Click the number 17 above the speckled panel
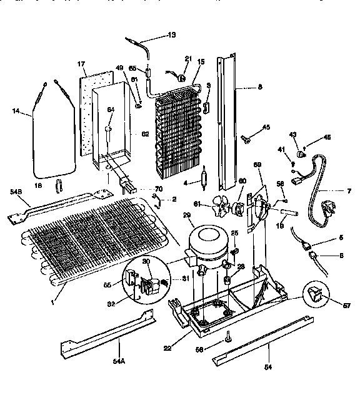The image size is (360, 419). pyautogui.click(x=81, y=64)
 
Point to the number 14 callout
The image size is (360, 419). pyautogui.click(x=16, y=111)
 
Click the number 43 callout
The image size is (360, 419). pyautogui.click(x=292, y=134)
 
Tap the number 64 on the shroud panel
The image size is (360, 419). pyautogui.click(x=111, y=110)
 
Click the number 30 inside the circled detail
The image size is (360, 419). pyautogui.click(x=146, y=262)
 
